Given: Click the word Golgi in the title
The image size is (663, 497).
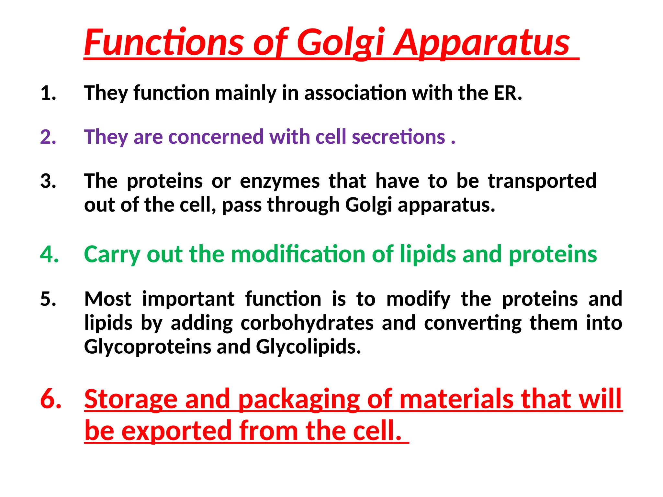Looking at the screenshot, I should click(341, 43).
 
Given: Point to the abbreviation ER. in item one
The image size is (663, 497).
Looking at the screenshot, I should click(508, 93).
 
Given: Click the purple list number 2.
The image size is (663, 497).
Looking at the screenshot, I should click(48, 137).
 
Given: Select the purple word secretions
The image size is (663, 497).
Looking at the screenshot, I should click(398, 137).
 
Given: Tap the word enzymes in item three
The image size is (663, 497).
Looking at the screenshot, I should click(280, 181).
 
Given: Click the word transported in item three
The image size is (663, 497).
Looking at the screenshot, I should click(542, 181).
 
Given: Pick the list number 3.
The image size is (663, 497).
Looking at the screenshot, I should click(48, 181).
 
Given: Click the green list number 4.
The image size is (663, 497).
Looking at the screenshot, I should click(50, 254).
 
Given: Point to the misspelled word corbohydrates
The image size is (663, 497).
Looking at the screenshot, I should click(307, 323).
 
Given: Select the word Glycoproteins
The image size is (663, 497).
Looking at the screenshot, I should click(147, 347).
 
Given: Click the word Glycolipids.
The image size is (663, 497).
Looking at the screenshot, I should click(308, 347).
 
